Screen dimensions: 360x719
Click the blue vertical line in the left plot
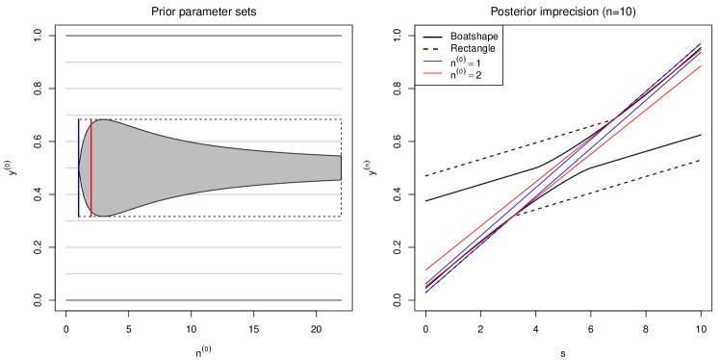coord(79,168)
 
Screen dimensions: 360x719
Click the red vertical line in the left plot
coord(91,168)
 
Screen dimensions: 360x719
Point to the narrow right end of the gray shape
coord(338,168)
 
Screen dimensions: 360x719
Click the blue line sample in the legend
coord(432,63)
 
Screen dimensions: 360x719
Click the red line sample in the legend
coord(432,73)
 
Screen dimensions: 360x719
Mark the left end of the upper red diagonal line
coord(426,270)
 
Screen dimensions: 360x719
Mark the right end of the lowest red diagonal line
coord(702,66)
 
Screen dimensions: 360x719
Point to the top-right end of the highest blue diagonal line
coord(702,43)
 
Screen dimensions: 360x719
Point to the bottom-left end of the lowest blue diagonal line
coord(426,291)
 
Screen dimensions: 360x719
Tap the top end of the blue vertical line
coord(79,119)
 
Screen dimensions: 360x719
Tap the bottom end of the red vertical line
coord(91,217)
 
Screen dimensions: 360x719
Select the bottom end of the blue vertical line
coord(79,217)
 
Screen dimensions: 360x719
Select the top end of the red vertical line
coord(91,119)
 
